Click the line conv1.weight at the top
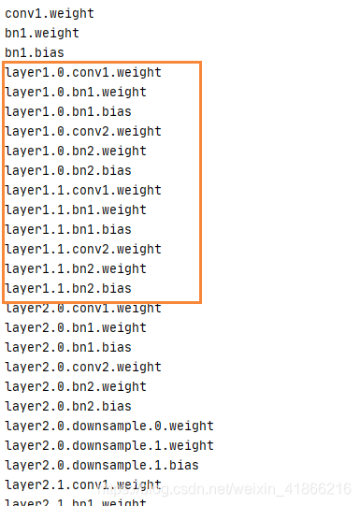tap(50, 14)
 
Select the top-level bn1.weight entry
tap(42, 34)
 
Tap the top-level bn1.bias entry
tap(35, 53)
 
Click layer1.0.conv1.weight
tap(82, 72)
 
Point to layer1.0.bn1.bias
tap(67, 111)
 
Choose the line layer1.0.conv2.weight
tap(82, 131)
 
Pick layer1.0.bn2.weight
tap(75, 151)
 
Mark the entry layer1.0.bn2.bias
tap(67, 170)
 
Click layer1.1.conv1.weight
tap(82, 190)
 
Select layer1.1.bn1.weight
tap(75, 210)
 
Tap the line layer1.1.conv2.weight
tap(82, 249)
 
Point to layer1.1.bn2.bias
tap(67, 288)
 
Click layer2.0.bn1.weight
tap(75, 327)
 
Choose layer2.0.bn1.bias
tap(67, 347)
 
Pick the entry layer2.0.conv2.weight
tap(82, 367)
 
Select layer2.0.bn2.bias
tap(67, 406)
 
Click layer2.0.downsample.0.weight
tap(109, 426)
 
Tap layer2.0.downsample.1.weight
tap(109, 445)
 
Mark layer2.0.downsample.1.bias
tap(102, 465)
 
